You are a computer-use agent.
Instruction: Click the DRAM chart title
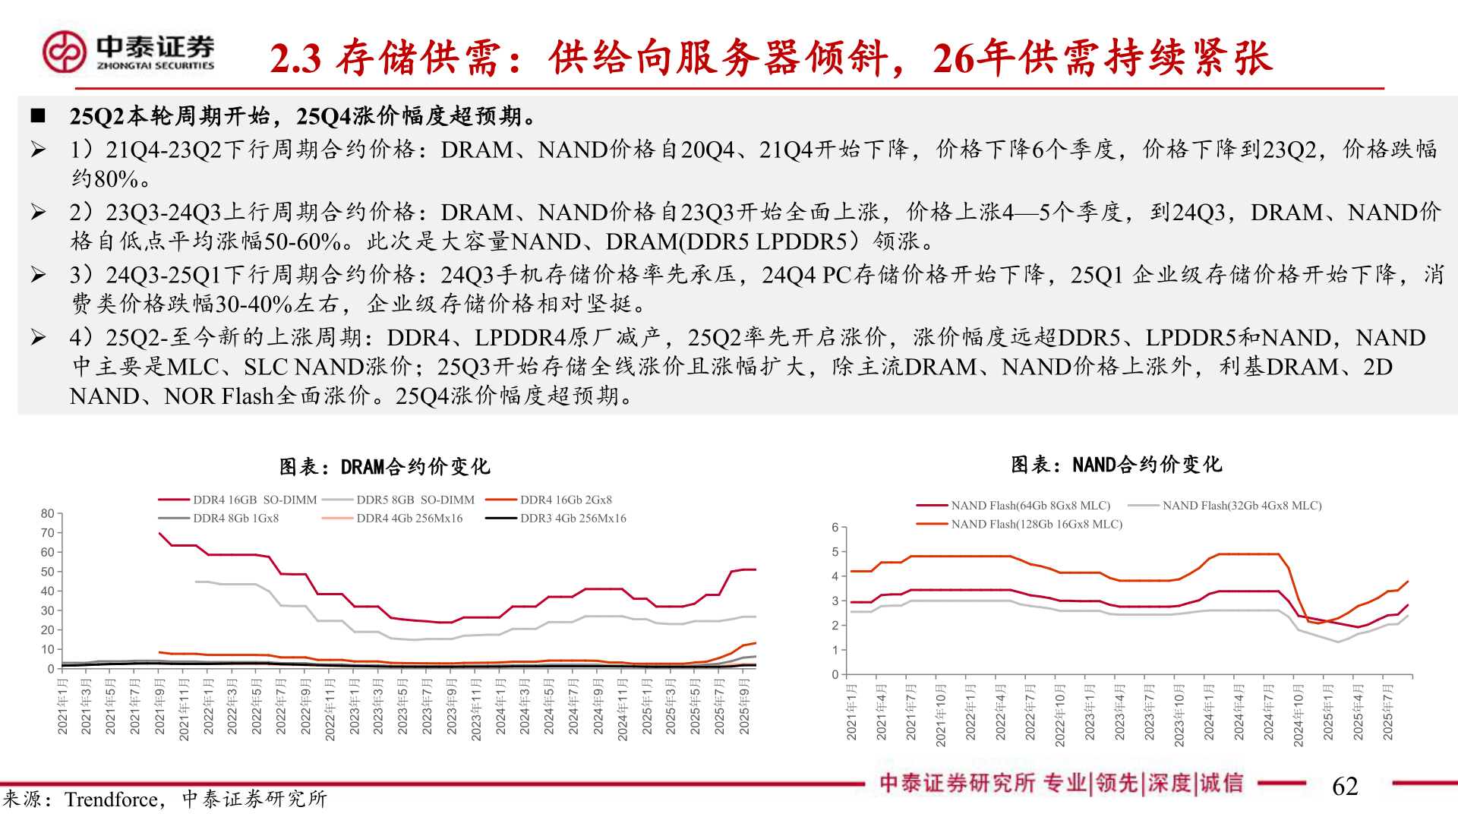pyautogui.click(x=385, y=466)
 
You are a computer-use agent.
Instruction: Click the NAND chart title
pyautogui.click(x=1116, y=464)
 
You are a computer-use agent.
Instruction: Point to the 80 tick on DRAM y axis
pyautogui.click(x=48, y=514)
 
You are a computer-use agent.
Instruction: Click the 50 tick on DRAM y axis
pyautogui.click(x=48, y=572)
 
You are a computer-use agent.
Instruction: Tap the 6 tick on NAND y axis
pyautogui.click(x=835, y=528)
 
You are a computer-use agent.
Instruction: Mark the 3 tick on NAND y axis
pyautogui.click(x=835, y=601)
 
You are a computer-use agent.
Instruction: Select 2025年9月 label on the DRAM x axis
pyautogui.click(x=744, y=707)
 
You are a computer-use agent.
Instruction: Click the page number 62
pyautogui.click(x=1345, y=786)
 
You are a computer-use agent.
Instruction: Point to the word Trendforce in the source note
pyautogui.click(x=111, y=799)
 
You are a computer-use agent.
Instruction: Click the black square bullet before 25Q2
pyautogui.click(x=38, y=116)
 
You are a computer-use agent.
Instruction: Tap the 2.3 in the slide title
pyautogui.click(x=295, y=58)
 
